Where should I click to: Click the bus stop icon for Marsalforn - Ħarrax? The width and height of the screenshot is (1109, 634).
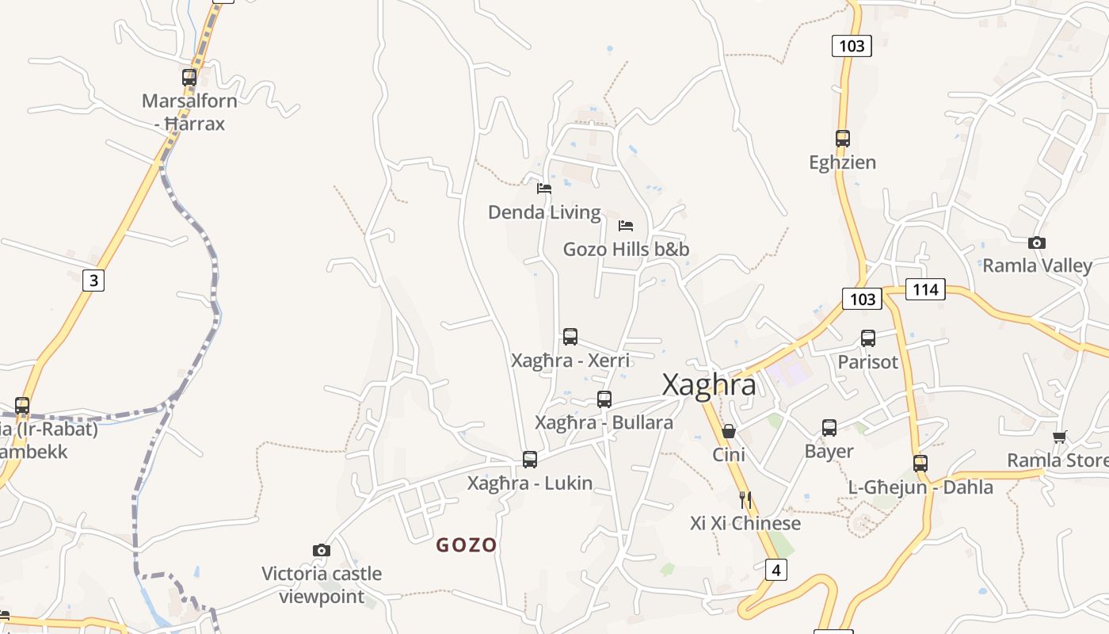(189, 78)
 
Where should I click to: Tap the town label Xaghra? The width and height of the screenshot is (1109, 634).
(708, 384)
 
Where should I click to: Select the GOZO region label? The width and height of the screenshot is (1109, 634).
(467, 545)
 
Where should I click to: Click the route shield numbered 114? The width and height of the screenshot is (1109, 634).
(925, 289)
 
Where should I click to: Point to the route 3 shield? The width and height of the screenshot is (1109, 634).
(93, 280)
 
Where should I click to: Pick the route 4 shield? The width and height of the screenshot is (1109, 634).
(776, 569)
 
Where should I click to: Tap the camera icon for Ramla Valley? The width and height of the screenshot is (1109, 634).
(1036, 243)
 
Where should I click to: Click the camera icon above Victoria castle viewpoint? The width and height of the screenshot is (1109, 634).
(321, 550)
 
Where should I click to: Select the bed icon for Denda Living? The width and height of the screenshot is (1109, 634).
(544, 189)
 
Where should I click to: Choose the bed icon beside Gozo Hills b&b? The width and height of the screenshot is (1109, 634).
(626, 226)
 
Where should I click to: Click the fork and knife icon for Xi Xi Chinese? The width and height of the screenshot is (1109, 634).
(745, 499)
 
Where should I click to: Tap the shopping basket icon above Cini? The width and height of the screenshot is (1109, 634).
(729, 431)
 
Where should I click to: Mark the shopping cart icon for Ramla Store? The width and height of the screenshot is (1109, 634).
(1060, 437)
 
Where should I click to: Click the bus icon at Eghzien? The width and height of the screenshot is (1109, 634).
(842, 139)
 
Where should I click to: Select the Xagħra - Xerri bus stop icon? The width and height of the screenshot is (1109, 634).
(570, 337)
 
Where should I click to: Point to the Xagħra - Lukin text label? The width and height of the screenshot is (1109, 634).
(530, 483)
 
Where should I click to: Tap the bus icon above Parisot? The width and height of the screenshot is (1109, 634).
(868, 338)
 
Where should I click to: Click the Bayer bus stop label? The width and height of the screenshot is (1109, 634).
(829, 451)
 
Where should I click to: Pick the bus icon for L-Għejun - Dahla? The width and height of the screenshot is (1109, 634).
(920, 463)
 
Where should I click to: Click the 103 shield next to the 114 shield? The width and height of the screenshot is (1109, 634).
(862, 298)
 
